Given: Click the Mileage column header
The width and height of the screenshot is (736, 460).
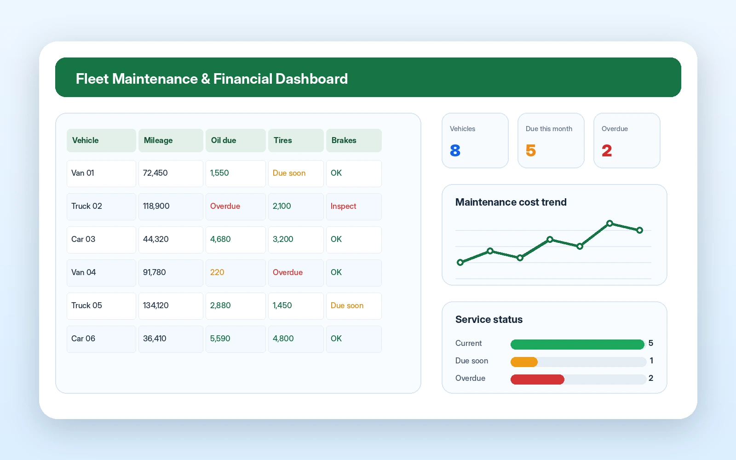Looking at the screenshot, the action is click(x=171, y=140).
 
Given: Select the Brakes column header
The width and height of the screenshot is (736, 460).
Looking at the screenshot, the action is click(x=354, y=140).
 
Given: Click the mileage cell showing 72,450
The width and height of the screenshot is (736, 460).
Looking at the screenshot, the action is click(x=171, y=173).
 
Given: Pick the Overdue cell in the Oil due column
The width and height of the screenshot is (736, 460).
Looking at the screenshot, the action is click(x=236, y=207).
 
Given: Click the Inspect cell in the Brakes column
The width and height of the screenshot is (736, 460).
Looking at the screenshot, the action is click(x=354, y=207).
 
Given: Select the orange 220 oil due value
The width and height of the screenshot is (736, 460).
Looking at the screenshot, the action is click(x=217, y=272).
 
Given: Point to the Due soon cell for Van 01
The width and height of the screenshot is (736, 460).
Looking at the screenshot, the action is click(x=296, y=173).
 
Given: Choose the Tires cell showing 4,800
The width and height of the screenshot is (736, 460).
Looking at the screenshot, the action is click(x=296, y=339).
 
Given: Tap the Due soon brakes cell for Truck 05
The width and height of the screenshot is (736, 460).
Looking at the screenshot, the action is click(x=354, y=306).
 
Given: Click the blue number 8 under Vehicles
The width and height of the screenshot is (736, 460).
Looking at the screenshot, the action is click(x=455, y=150).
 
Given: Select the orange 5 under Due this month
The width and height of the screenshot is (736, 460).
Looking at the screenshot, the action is click(x=531, y=150).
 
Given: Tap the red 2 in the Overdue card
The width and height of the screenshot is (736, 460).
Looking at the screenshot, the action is click(x=607, y=150).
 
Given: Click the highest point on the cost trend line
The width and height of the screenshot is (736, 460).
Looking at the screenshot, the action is click(x=609, y=224).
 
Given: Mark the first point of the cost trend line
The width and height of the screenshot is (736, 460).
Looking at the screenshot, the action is click(x=460, y=263).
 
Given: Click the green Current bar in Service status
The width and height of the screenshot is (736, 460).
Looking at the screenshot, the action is click(x=577, y=345).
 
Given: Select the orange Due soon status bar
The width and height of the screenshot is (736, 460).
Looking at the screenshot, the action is click(x=524, y=362).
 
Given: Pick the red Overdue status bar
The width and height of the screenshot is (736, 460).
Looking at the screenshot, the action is click(x=538, y=379).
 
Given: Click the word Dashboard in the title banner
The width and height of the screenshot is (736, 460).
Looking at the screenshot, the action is click(x=311, y=79).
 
